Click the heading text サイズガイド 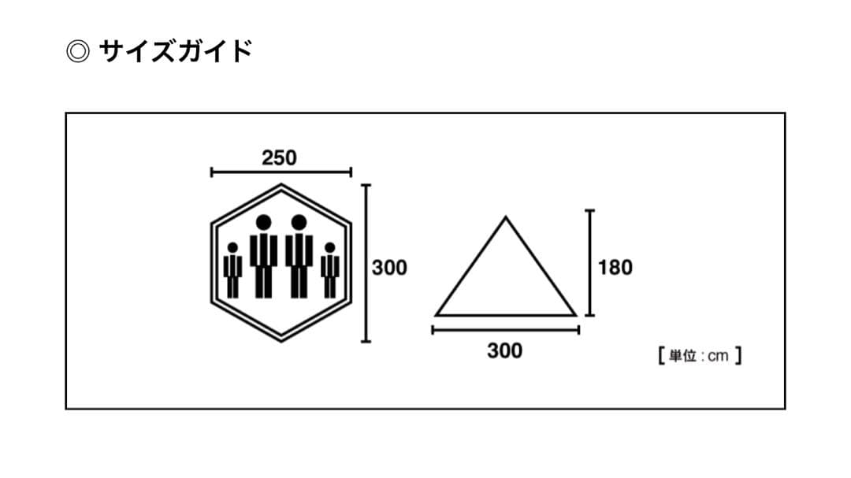tap(175, 52)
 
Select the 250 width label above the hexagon tap(279, 157)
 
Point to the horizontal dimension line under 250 tap(281, 172)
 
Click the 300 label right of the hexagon tap(390, 268)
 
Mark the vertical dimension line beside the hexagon tap(365, 263)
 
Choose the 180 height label tap(615, 268)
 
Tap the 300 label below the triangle tap(504, 350)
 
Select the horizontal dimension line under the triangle tap(505, 331)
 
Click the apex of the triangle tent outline tap(505, 217)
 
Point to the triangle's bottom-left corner tap(437, 315)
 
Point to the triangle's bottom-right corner tap(574, 315)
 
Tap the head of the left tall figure tap(263, 223)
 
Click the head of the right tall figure tap(299, 223)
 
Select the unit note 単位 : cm tap(699, 356)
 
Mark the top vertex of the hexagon tap(281, 185)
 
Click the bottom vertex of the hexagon tap(281, 341)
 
